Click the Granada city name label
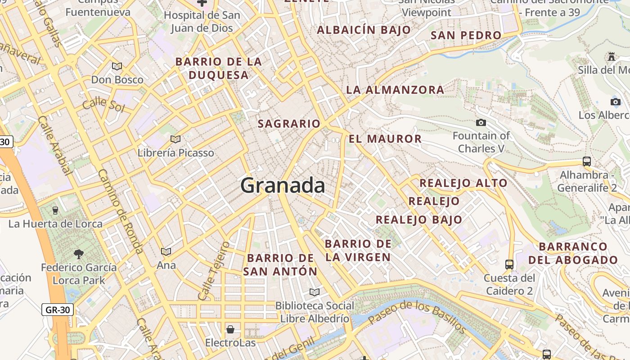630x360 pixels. pos(283,185)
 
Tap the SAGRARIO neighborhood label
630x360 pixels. pos(289,124)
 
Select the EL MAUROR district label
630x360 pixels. pos(385,139)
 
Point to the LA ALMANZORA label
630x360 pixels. pos(395,90)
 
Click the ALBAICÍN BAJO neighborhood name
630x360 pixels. pos(364,30)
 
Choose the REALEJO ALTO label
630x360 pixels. pos(463,183)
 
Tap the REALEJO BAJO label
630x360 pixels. pos(419,220)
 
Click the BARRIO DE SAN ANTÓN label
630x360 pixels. pos(280,265)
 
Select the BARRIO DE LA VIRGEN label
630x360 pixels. pos(358,250)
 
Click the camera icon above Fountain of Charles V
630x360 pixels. pos(481,122)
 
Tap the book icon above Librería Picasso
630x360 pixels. pos(175,139)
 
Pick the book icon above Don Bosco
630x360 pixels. pos(117,67)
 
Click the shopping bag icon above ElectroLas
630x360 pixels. pos(230,329)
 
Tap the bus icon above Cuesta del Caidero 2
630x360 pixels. pos(509,265)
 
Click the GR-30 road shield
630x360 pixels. pos(58,310)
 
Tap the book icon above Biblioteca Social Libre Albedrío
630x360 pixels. pos(315,292)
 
